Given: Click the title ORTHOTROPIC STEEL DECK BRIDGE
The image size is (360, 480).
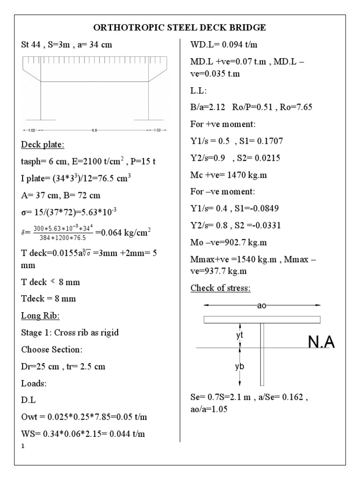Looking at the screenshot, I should (180, 28).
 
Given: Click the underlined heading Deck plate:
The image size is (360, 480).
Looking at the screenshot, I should (40, 144).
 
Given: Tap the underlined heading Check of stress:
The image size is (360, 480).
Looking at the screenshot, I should (220, 288).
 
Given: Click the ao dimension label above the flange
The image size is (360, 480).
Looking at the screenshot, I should (262, 306).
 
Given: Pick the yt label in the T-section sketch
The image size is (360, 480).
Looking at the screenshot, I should (239, 335).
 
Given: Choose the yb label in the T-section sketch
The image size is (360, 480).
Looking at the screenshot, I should (239, 367).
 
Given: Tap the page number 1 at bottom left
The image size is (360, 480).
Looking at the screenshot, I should (22, 446).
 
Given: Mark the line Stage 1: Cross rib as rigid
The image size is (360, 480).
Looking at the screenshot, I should (70, 333).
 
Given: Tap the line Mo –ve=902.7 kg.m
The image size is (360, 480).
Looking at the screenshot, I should (230, 242).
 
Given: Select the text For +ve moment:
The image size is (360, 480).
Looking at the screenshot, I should (222, 124).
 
